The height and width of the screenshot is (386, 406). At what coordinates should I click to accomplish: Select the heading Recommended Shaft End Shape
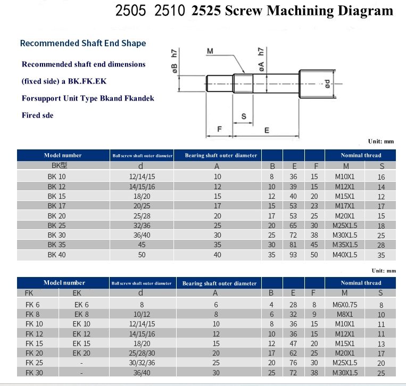pyautogui.click(x=83, y=43)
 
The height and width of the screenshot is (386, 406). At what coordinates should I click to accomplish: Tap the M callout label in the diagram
pyautogui.click(x=210, y=52)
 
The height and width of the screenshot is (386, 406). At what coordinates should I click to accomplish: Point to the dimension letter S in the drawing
pyautogui.click(x=243, y=116)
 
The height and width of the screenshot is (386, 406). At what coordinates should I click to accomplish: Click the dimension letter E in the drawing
pyautogui.click(x=267, y=131)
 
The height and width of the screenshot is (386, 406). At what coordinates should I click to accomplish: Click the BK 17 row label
pyautogui.click(x=56, y=206)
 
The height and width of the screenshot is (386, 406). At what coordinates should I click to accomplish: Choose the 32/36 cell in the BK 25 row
pyautogui.click(x=142, y=225)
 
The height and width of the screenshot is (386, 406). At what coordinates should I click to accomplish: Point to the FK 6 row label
pyautogui.click(x=32, y=305)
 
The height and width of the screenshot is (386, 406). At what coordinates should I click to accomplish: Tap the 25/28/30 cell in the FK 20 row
pyautogui.click(x=142, y=354)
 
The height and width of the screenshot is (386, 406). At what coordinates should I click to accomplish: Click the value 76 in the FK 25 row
pyautogui.click(x=293, y=363)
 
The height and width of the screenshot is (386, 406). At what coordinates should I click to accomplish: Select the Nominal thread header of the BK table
pyautogui.click(x=361, y=155)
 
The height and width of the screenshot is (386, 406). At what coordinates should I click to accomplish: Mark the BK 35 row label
pyautogui.click(x=56, y=245)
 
